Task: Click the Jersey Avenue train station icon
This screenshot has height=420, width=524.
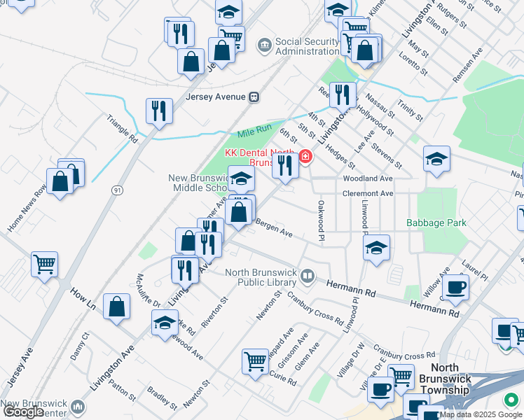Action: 254,97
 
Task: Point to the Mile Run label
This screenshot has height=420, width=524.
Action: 254,133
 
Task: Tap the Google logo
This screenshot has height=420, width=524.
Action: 23,412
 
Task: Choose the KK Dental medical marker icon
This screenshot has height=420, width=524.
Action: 305,157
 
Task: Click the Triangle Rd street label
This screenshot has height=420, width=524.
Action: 123,129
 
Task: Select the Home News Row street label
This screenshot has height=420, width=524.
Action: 26,209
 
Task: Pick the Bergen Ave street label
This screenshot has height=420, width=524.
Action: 273,229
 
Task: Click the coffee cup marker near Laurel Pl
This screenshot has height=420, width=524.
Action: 455,287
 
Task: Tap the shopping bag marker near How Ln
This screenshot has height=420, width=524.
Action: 116,307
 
